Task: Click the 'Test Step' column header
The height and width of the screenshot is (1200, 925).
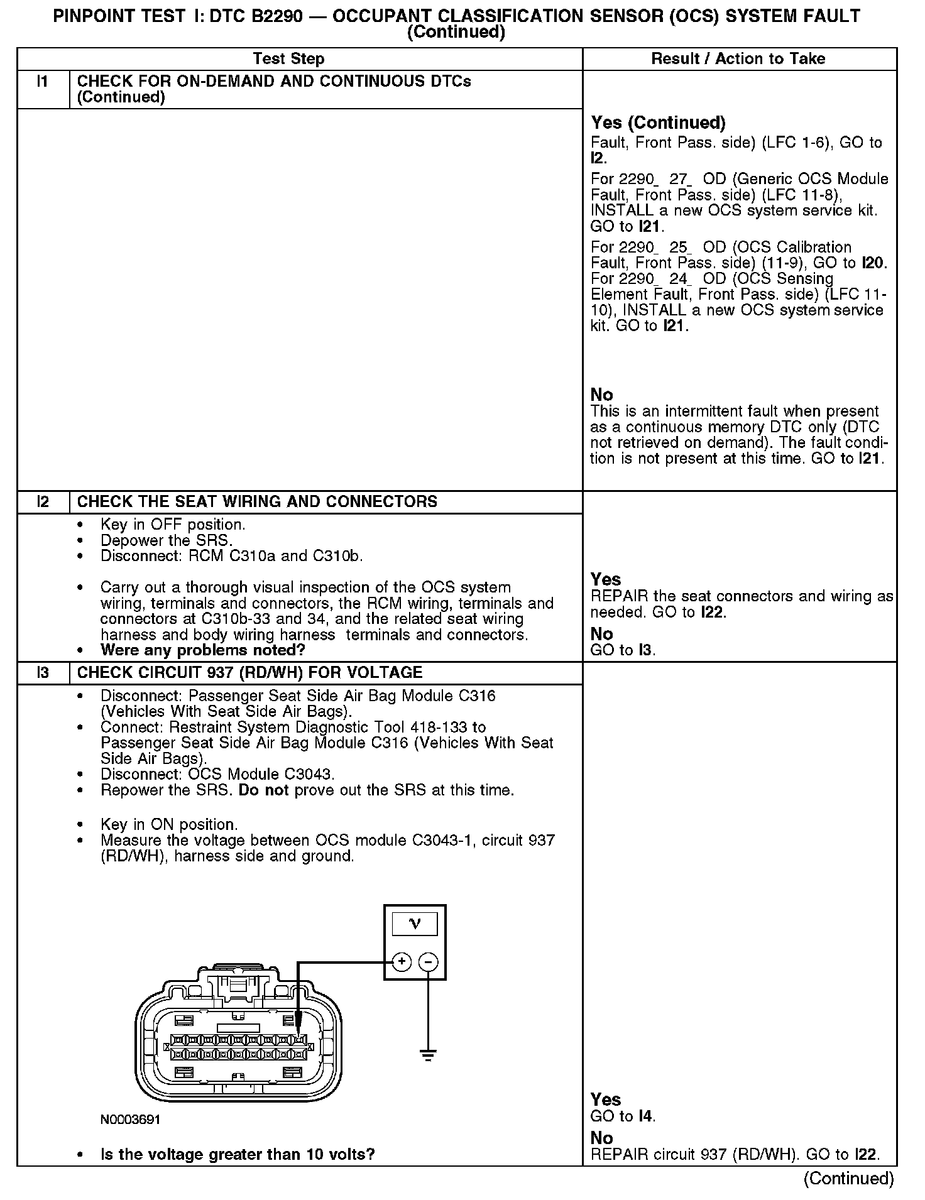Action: (288, 59)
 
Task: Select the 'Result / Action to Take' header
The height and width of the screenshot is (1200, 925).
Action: (738, 59)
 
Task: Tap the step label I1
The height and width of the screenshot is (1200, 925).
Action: (43, 82)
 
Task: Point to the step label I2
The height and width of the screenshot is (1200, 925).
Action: (43, 502)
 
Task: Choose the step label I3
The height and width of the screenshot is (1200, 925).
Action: (43, 673)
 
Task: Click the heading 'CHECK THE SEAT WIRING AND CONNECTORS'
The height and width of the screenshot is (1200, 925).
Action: (257, 502)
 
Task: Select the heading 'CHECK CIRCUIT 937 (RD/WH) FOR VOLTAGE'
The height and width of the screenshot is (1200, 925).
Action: (249, 673)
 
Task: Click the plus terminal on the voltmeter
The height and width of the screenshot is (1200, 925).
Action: (402, 961)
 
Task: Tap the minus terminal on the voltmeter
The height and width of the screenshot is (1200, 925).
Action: (429, 961)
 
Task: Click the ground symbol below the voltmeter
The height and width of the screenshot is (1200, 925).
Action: (429, 1055)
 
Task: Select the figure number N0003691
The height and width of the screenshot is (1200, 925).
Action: (130, 1120)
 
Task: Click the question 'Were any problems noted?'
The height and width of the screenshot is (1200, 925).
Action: (202, 650)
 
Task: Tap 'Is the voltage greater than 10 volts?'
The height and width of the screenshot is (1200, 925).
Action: (238, 1154)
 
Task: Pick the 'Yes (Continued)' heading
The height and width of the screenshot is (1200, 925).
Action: (658, 123)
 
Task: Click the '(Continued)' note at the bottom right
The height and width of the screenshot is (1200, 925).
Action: (848, 1179)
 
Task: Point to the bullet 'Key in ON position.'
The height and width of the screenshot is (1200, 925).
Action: (169, 824)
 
